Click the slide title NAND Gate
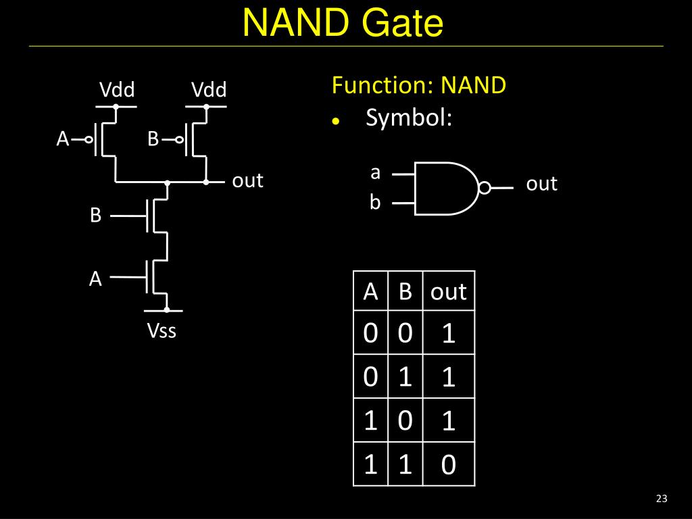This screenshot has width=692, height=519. [343, 22]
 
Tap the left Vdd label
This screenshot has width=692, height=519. [117, 90]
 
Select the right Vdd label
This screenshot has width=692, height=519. [209, 90]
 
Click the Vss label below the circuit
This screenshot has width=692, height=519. [162, 330]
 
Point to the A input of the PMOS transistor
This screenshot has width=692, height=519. [63, 139]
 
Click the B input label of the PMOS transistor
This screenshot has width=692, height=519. [153, 139]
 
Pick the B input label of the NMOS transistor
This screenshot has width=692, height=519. [96, 216]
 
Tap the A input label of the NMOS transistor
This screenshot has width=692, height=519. [95, 279]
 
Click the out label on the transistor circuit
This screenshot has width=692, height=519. [247, 180]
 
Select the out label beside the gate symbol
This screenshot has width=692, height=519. [541, 184]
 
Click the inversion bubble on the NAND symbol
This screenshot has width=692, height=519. [485, 188]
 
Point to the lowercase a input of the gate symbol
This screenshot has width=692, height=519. [375, 172]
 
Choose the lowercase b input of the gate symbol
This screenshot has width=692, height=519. [375, 202]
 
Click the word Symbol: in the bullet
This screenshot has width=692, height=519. [409, 118]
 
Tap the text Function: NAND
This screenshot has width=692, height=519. [419, 84]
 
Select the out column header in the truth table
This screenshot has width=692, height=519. [449, 292]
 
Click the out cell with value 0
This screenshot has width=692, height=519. [449, 464]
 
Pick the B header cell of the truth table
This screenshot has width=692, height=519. [405, 291]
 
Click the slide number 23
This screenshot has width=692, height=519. [662, 498]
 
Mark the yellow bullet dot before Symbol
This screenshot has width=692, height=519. [336, 120]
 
